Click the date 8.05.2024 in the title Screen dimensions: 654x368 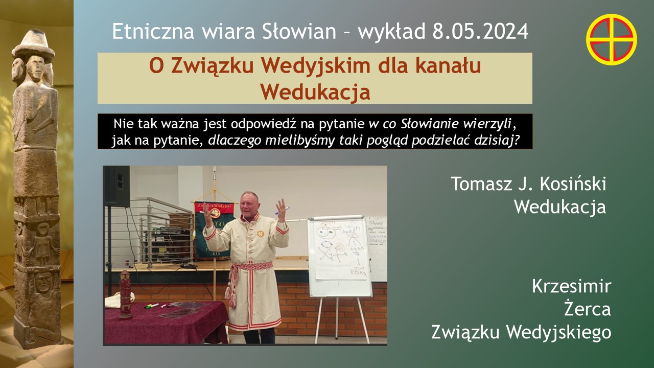[480, 32]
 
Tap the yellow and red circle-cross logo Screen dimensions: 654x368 [612, 39]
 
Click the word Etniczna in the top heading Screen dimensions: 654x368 [153, 32]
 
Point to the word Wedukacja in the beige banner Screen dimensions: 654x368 [315, 92]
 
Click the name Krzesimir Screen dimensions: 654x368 [571, 286]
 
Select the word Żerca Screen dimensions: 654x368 [587, 309]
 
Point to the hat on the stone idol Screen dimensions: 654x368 [33, 44]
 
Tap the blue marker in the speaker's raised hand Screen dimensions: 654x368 [282, 211]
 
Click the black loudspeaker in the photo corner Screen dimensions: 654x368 [116, 187]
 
